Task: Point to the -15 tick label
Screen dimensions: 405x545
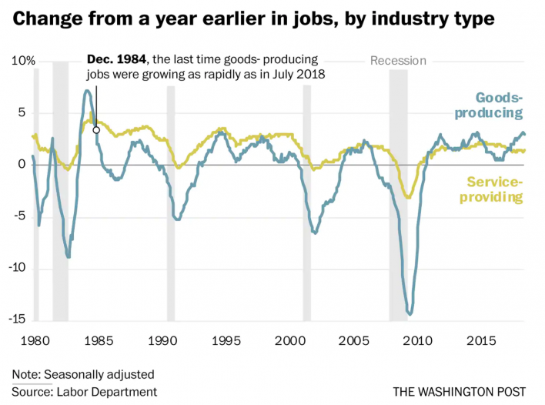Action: click(x=21, y=319)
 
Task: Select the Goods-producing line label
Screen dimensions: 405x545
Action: click(x=499, y=105)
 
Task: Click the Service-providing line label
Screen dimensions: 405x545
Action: click(x=495, y=189)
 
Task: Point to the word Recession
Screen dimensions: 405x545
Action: click(x=398, y=61)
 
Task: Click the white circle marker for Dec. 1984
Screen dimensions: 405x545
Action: click(x=96, y=130)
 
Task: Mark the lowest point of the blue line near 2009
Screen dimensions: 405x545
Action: click(x=410, y=313)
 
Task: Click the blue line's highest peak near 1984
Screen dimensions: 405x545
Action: click(x=87, y=91)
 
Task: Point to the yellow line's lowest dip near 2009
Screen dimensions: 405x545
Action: click(x=409, y=197)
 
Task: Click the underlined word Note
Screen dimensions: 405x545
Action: click(x=25, y=375)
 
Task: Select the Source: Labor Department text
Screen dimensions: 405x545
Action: click(x=85, y=391)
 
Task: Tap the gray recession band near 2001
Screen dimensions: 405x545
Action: click(x=306, y=200)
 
